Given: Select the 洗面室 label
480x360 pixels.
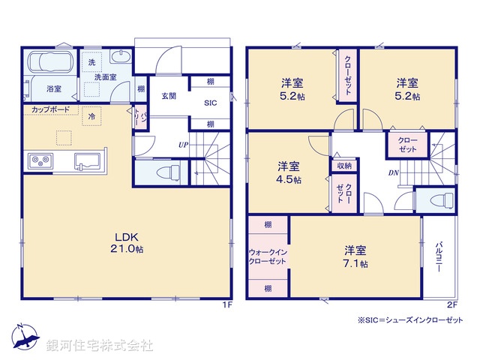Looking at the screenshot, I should click(106, 76).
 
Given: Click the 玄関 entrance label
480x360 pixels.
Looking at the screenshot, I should click(168, 95).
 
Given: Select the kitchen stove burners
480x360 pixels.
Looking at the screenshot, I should click(38, 160).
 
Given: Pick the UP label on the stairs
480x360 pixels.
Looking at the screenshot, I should click(182, 143).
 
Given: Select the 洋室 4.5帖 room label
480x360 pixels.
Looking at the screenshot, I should click(289, 172).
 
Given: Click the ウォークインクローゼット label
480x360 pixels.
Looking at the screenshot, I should click(267, 256).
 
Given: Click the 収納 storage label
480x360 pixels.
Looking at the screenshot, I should click(344, 166).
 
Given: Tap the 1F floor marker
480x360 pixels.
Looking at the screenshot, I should click(227, 304).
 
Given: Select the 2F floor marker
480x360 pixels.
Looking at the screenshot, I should click(451, 304).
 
